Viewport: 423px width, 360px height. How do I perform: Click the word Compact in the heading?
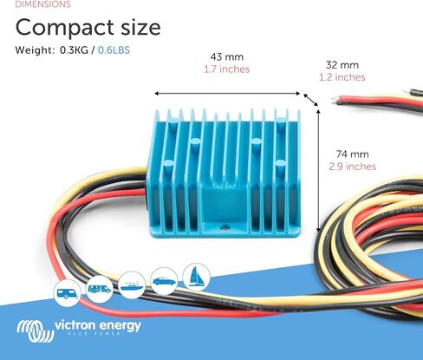tap(64, 28)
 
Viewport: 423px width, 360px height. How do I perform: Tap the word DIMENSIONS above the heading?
tap(42, 4)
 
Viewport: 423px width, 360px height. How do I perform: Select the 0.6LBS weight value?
tap(114, 50)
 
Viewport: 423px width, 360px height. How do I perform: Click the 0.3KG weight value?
tap(74, 50)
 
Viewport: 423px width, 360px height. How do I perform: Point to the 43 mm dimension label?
tap(227, 56)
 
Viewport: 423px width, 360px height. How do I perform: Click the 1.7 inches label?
tap(227, 69)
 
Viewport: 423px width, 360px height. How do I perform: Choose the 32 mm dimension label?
tap(342, 65)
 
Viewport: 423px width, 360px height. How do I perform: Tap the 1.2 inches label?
tap(342, 77)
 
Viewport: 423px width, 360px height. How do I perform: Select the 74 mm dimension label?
tap(352, 154)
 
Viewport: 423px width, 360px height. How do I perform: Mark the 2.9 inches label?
tap(352, 167)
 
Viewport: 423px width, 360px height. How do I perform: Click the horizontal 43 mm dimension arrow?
tap(227, 94)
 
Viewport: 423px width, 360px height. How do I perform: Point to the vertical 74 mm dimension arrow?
tap(319, 171)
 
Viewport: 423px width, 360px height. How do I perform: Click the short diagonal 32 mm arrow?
tap(310, 100)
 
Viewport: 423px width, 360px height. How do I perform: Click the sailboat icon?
tap(197, 277)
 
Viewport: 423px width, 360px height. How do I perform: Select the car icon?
tap(164, 281)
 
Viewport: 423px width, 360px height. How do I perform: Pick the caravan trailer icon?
tap(68, 293)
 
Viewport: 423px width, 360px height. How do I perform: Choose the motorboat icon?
tap(132, 285)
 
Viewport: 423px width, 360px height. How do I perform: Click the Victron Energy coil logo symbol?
tap(36, 331)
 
